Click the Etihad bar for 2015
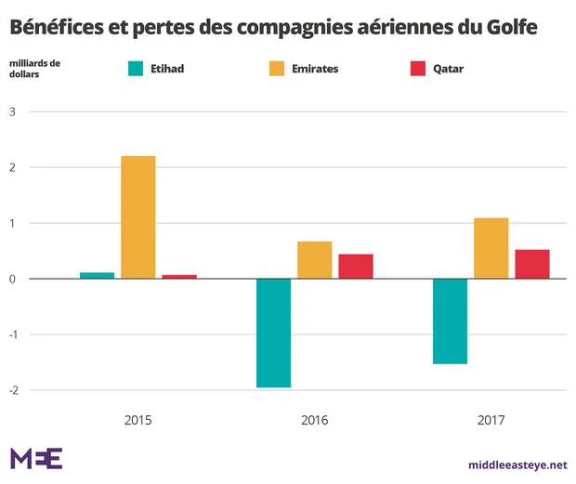click(97, 275)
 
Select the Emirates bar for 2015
click(138, 217)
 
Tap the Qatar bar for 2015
click(179, 276)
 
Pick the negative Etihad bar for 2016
click(273, 333)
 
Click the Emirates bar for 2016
click(315, 260)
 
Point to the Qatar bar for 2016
click(356, 266)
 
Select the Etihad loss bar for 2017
click(450, 321)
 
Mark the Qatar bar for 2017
click(532, 264)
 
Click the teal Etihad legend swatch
click(135, 69)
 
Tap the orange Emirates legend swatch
click(276, 69)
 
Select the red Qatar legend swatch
click(417, 69)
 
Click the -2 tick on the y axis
click(13, 390)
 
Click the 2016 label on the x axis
click(315, 420)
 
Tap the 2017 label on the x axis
click(491, 420)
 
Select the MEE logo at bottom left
click(36, 458)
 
